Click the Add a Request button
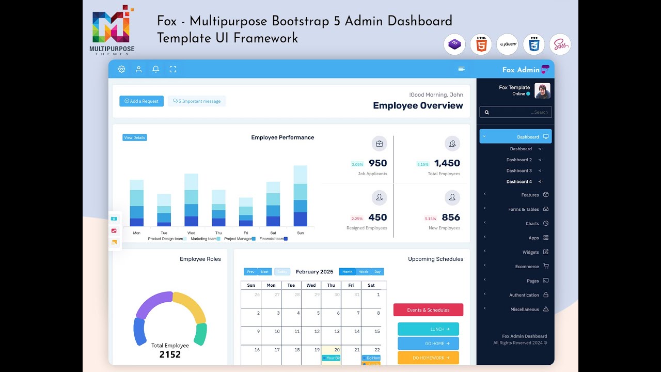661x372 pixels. click(141, 101)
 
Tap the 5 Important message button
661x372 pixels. click(197, 101)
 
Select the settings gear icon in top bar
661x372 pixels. click(121, 69)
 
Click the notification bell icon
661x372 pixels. click(155, 69)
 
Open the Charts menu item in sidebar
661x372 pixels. click(532, 224)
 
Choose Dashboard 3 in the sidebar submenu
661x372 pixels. click(519, 171)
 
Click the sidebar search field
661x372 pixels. click(515, 112)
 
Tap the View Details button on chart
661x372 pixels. click(135, 137)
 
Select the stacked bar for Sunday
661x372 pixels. click(301, 196)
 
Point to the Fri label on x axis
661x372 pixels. click(246, 233)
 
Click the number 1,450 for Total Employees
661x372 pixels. click(447, 163)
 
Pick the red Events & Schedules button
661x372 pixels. click(428, 310)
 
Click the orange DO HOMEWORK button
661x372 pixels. click(428, 358)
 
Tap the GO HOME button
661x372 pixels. click(428, 343)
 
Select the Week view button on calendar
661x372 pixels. click(364, 272)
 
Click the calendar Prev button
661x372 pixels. click(250, 272)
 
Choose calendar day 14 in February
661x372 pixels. click(356, 332)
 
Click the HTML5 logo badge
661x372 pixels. click(481, 44)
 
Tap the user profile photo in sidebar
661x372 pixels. click(542, 91)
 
